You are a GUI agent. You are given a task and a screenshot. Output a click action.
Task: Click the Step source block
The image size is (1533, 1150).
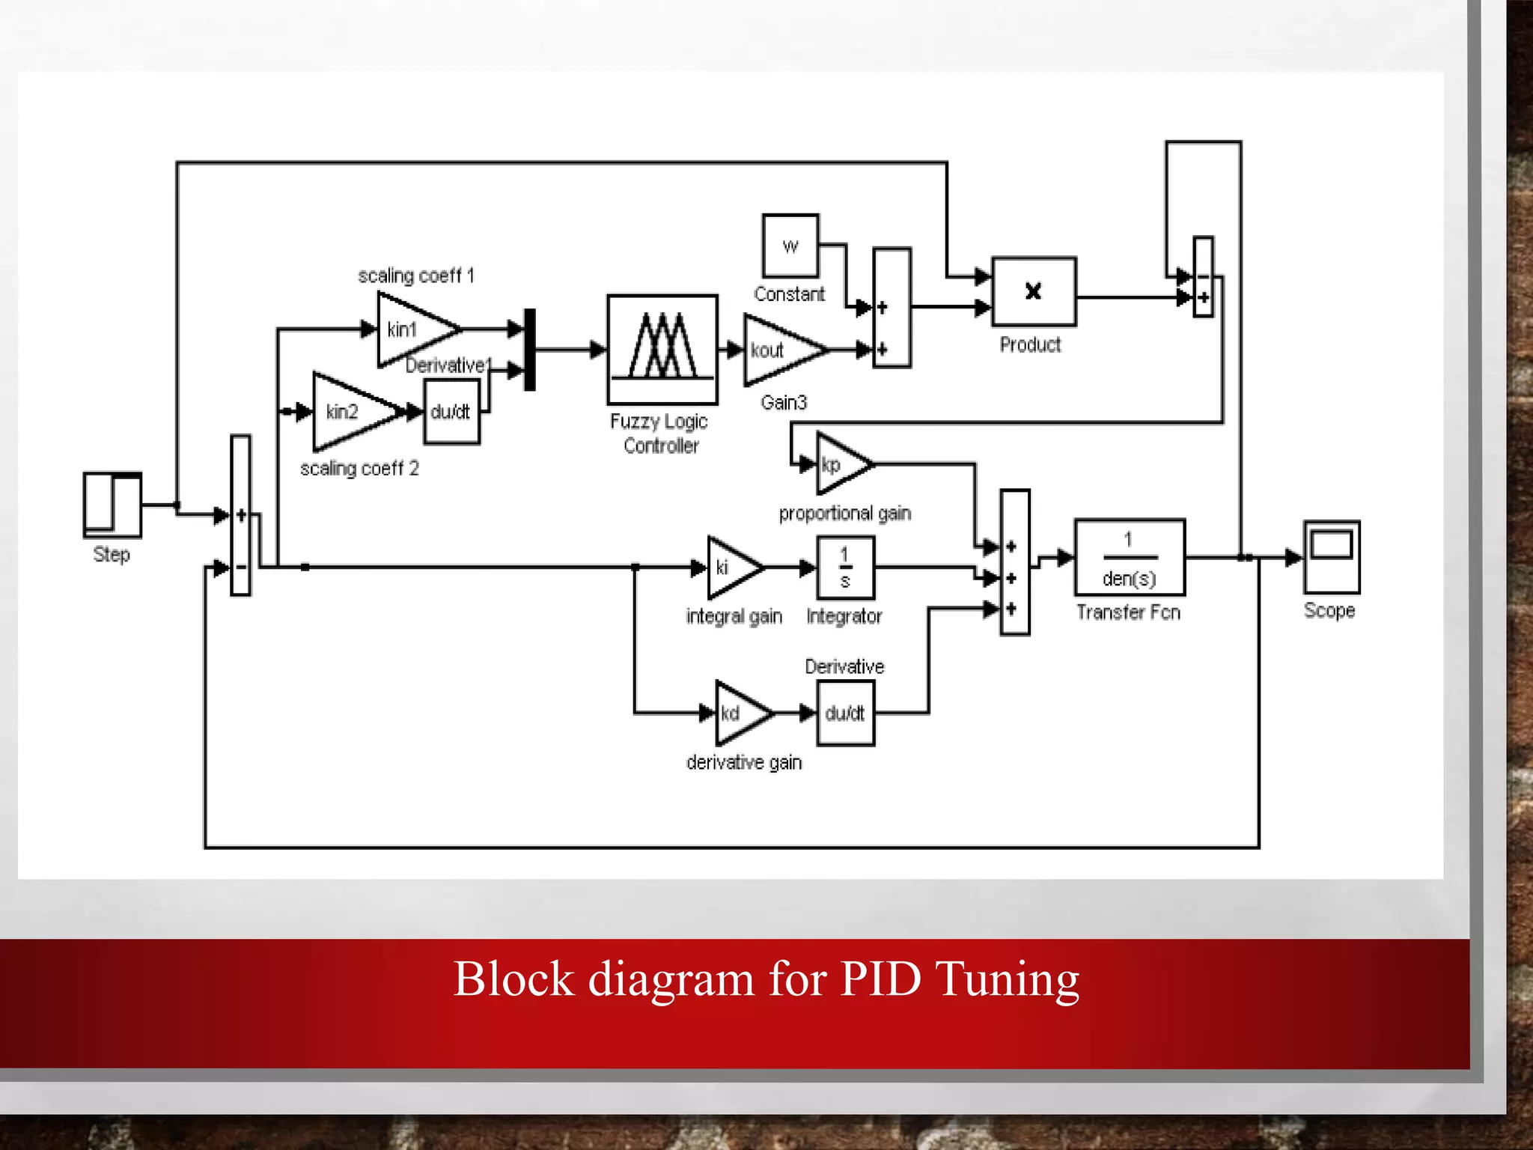(112, 505)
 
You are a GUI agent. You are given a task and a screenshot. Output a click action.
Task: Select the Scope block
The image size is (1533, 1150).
(1331, 557)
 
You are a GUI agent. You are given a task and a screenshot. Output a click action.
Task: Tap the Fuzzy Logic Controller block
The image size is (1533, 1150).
(662, 349)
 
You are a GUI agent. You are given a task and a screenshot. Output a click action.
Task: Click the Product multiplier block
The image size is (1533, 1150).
(1034, 292)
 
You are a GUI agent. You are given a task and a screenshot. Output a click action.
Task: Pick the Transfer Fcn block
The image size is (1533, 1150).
(1130, 557)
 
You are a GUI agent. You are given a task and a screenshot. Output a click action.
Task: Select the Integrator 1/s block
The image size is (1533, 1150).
(845, 567)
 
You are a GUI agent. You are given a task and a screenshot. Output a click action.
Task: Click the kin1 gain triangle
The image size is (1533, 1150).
(412, 329)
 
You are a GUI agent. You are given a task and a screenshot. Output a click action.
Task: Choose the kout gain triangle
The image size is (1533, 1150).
(778, 350)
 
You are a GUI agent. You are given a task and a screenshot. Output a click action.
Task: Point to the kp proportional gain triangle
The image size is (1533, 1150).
(838, 464)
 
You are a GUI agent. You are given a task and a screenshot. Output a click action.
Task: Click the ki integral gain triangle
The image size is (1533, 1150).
(730, 568)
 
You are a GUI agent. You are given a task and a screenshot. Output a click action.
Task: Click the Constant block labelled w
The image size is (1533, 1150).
(790, 246)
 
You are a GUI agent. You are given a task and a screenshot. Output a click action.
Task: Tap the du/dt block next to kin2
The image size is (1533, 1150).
(451, 412)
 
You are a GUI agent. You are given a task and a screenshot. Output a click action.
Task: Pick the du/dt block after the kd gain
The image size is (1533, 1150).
(845, 713)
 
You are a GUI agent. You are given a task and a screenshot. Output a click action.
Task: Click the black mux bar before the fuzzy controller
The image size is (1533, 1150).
(530, 350)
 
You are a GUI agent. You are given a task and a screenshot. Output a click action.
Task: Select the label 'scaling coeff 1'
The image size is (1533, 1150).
(416, 276)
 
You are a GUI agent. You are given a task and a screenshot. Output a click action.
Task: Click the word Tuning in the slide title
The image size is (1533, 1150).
(1008, 979)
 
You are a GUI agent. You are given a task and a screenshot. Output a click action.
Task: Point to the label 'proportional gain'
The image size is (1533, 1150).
(845, 514)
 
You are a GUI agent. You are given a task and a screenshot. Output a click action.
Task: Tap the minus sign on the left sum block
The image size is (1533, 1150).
(241, 568)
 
